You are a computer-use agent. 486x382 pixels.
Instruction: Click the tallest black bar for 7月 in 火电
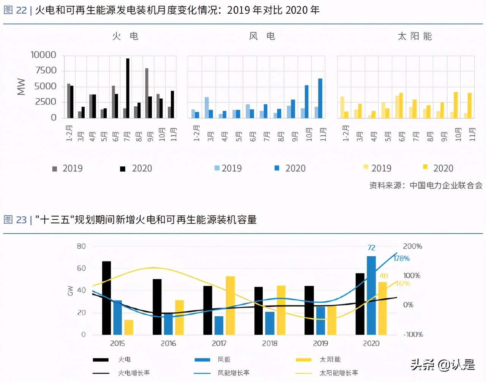(128, 88)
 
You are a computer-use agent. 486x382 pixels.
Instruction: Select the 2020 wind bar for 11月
(320, 98)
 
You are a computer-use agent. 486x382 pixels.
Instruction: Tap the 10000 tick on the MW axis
(43, 55)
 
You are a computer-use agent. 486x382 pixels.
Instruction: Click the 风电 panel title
(262, 36)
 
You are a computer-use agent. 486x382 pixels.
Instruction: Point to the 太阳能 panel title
(415, 36)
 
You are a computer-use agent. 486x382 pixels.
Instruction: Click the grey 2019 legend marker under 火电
(55, 169)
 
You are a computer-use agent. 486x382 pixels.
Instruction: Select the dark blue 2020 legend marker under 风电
(277, 168)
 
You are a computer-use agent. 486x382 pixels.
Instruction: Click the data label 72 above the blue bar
(371, 248)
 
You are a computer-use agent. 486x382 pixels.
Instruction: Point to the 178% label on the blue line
(402, 258)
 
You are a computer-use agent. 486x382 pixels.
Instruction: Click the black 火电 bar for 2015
(107, 298)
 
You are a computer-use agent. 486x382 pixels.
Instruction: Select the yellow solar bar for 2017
(230, 305)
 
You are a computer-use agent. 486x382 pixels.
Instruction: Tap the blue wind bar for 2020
(371, 295)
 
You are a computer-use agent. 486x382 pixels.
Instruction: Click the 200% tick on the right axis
(412, 246)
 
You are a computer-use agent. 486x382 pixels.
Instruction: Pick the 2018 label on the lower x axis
(270, 343)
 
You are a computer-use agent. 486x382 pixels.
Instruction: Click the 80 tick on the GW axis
(81, 246)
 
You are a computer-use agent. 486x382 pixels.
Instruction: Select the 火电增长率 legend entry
(134, 373)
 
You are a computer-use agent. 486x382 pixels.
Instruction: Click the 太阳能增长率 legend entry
(339, 373)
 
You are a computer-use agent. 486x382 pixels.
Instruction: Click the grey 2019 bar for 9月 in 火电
(147, 93)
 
